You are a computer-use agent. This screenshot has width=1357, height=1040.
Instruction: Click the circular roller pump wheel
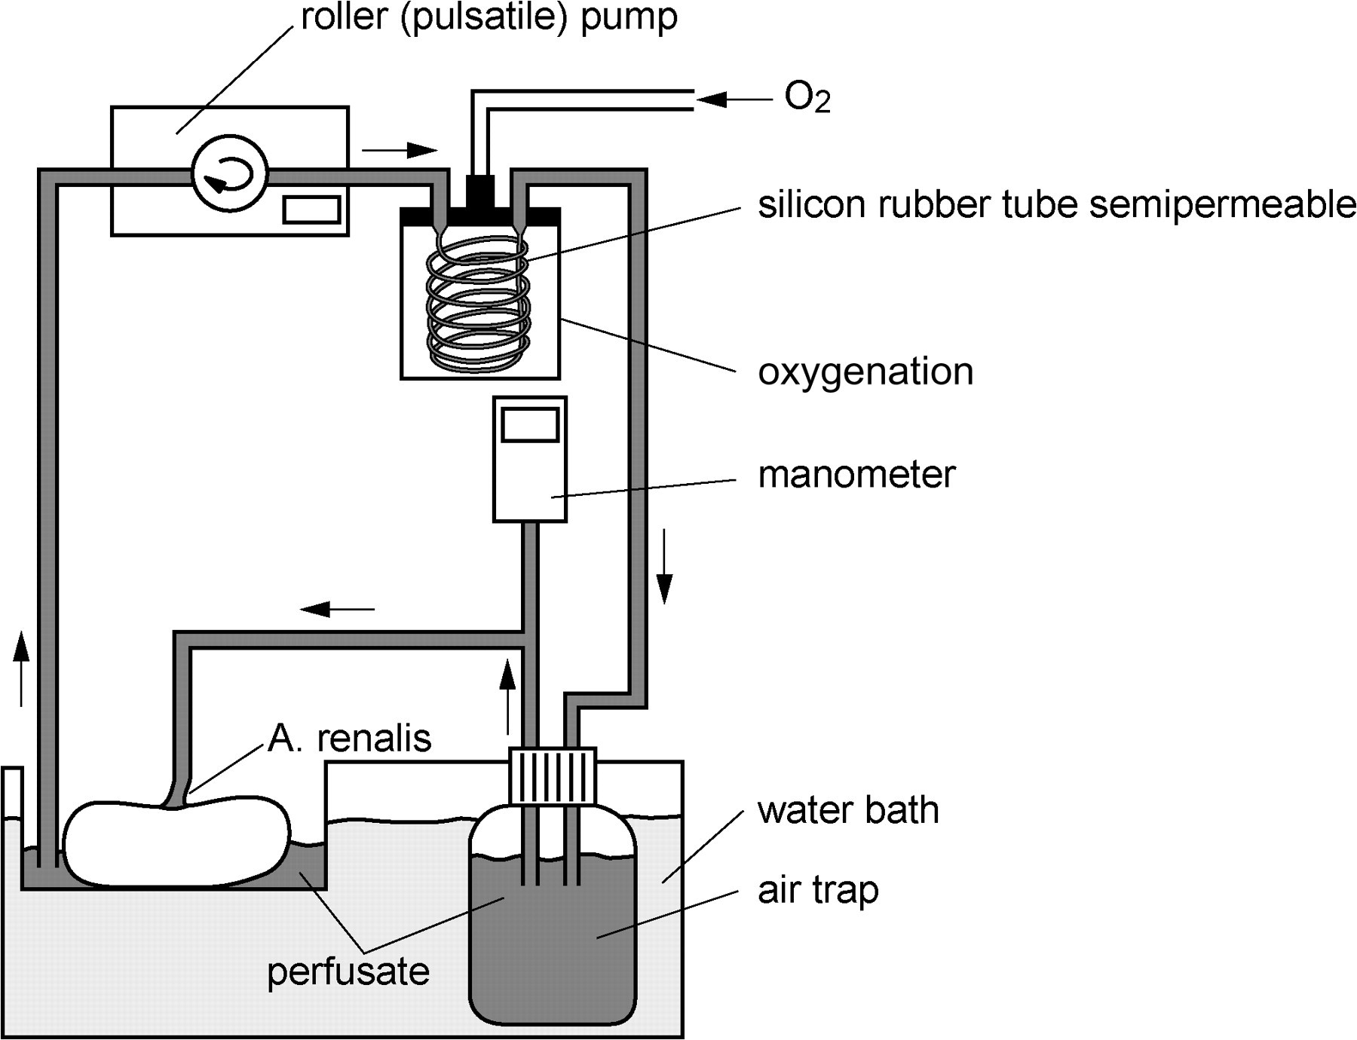click(x=230, y=173)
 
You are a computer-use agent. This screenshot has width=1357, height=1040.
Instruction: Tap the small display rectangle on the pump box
click(x=312, y=210)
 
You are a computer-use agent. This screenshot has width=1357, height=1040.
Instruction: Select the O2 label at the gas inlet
click(x=807, y=98)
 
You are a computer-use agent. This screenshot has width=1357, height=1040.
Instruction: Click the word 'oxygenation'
click(x=865, y=372)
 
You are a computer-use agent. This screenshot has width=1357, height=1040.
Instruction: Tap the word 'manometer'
click(x=856, y=475)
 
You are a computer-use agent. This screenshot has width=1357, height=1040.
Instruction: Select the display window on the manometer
click(x=530, y=425)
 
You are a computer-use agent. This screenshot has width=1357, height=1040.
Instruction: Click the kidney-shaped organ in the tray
click(x=177, y=844)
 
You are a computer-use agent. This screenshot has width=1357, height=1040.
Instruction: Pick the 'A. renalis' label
click(x=350, y=739)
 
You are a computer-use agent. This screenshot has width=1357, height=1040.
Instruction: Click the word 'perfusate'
click(x=348, y=972)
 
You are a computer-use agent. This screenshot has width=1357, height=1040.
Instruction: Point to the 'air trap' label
click(x=818, y=891)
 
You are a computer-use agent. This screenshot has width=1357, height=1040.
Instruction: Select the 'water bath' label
click(x=848, y=810)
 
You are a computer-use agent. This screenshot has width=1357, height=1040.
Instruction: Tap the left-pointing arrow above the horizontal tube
click(x=337, y=607)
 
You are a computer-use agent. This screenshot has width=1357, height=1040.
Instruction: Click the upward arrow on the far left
click(x=22, y=668)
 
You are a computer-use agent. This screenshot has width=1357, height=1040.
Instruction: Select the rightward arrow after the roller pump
click(x=400, y=150)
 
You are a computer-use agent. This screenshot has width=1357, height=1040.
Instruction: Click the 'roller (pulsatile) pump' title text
click(x=489, y=18)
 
